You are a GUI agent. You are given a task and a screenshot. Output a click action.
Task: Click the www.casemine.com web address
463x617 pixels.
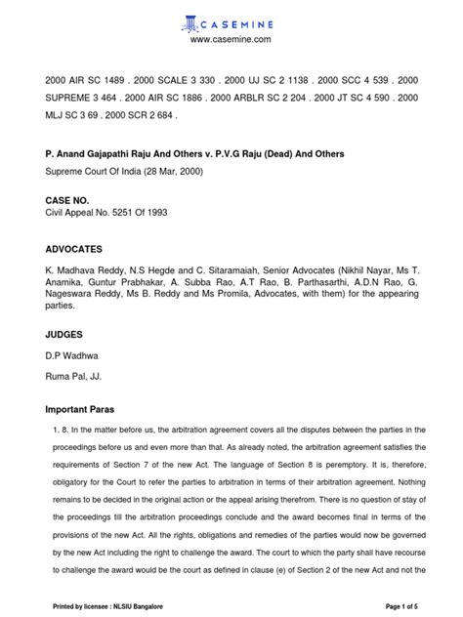tap(231, 39)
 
